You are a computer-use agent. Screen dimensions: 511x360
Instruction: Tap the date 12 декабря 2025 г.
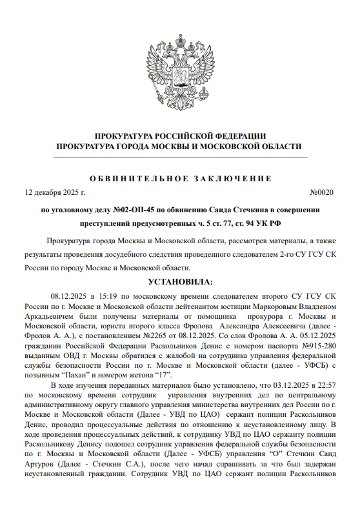pyautogui.click(x=54, y=192)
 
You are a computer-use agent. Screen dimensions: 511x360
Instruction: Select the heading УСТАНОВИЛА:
pyautogui.click(x=180, y=282)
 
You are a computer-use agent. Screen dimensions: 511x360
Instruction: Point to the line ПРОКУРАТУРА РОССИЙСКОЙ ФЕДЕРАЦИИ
pyautogui.click(x=180, y=135)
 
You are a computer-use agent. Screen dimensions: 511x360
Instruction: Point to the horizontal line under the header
pyautogui.click(x=180, y=157)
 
